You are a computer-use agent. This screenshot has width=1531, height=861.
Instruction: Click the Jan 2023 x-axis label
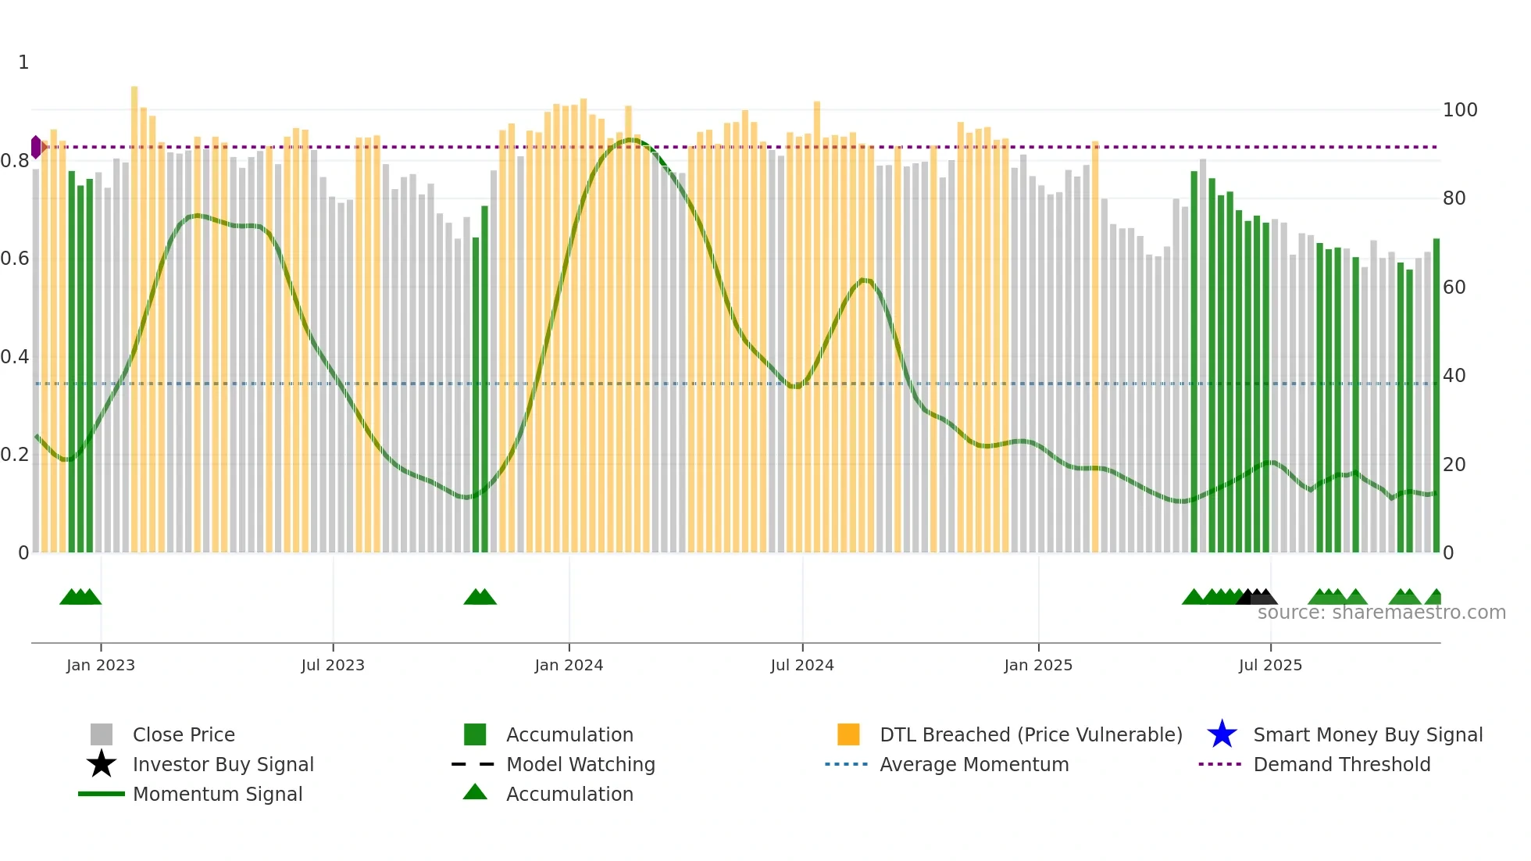pos(100,665)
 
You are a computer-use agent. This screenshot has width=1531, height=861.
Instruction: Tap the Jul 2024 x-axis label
pos(801,665)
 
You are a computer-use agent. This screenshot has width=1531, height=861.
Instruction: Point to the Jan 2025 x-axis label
pos(1037,665)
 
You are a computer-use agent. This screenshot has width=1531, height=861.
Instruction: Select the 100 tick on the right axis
pos(1459,110)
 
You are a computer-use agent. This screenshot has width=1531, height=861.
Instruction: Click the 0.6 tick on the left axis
pos(15,259)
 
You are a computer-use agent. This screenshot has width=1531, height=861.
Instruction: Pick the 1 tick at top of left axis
pos(23,63)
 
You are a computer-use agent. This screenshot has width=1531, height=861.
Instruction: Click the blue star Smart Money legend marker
pos(1222,734)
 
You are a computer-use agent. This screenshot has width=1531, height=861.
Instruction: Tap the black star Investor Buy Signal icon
pos(102,764)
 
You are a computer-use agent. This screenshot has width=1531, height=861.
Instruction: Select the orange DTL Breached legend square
pos(848,734)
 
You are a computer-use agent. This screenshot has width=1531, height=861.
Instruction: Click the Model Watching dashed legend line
pos(473,764)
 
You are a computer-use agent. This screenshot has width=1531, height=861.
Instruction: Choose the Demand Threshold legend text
pos(1341,764)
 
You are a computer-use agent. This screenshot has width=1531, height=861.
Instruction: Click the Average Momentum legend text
pos(973,764)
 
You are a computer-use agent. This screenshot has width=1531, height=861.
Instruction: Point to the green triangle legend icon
pos(475,792)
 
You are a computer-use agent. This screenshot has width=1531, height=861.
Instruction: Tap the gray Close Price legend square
pos(102,734)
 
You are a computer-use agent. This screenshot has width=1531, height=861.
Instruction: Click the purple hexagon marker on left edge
pos(36,147)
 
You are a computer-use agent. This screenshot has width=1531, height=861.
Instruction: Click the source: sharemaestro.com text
pos(1381,613)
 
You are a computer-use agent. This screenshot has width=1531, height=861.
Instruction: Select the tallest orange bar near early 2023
pos(134,313)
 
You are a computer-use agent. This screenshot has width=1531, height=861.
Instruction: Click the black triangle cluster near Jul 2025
pos(1257,597)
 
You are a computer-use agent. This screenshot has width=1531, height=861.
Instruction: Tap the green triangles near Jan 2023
pos(80,597)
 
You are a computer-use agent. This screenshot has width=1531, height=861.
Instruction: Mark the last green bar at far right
pos(1436,391)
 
